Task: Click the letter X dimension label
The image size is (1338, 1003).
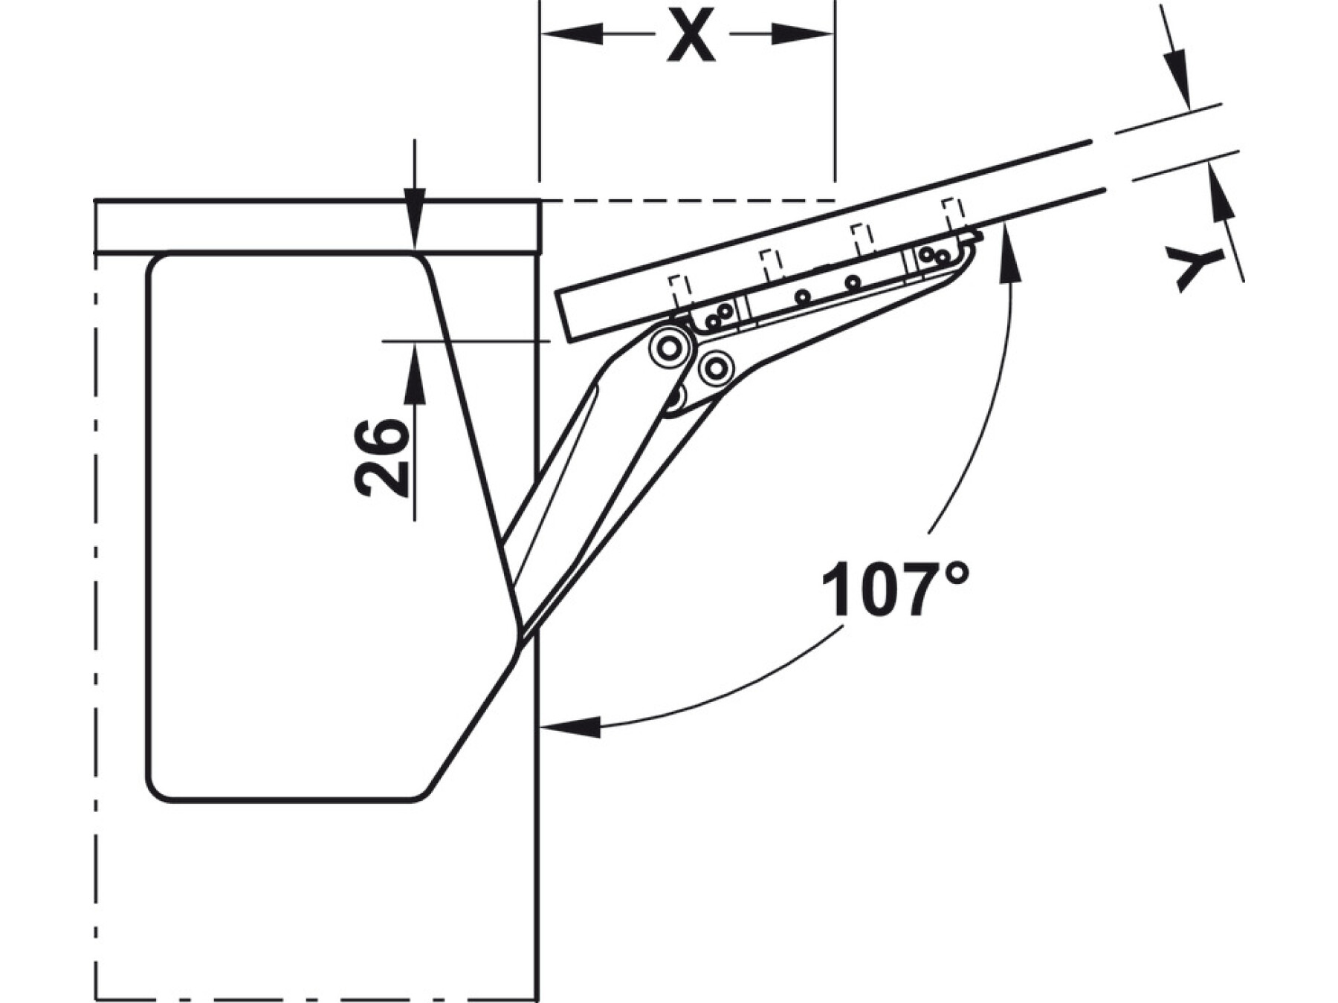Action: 691,36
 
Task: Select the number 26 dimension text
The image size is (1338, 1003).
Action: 382,458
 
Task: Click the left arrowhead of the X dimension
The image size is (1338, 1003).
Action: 571,34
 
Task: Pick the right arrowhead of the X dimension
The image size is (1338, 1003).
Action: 803,34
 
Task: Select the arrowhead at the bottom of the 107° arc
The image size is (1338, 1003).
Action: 571,726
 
